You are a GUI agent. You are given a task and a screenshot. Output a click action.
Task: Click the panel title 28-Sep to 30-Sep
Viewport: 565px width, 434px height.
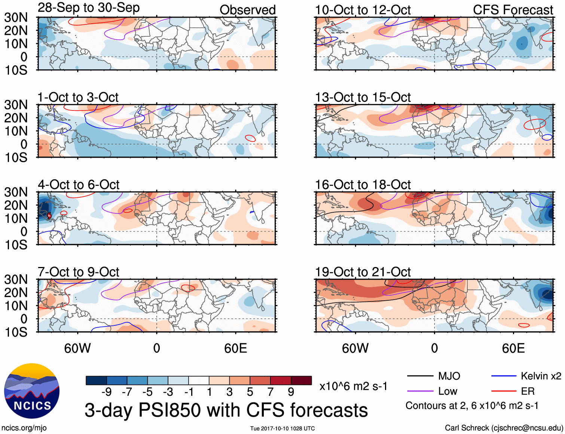(89, 8)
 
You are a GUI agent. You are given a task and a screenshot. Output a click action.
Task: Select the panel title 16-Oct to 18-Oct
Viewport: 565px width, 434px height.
(363, 185)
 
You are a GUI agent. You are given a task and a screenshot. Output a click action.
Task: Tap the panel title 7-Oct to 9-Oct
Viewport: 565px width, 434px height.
(78, 272)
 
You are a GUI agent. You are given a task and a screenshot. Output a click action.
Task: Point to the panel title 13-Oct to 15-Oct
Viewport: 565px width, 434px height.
(363, 97)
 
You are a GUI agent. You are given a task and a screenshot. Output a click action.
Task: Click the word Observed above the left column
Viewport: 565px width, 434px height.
(247, 10)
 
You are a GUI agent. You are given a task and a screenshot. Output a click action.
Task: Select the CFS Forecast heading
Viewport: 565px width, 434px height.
(513, 10)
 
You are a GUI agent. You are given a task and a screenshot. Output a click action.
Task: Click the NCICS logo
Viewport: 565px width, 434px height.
(32, 391)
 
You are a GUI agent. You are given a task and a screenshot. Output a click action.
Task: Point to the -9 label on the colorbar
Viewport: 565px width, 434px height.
(106, 392)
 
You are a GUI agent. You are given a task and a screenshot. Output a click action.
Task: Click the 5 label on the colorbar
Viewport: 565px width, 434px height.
(250, 392)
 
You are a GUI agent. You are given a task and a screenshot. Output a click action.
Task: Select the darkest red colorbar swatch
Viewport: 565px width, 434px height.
(301, 380)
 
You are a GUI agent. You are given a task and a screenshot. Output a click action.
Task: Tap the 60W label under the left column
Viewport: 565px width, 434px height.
(77, 348)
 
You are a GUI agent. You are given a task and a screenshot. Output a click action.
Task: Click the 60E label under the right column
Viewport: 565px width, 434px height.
(513, 348)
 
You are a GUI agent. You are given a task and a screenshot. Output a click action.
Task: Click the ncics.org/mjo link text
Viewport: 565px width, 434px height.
(24, 428)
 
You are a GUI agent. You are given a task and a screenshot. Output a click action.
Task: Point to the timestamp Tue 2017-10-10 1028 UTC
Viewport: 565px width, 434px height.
(282, 428)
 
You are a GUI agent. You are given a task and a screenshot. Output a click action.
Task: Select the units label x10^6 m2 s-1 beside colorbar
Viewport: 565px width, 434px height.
(353, 386)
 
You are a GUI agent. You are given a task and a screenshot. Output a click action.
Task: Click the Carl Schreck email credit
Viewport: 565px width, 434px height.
(504, 428)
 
